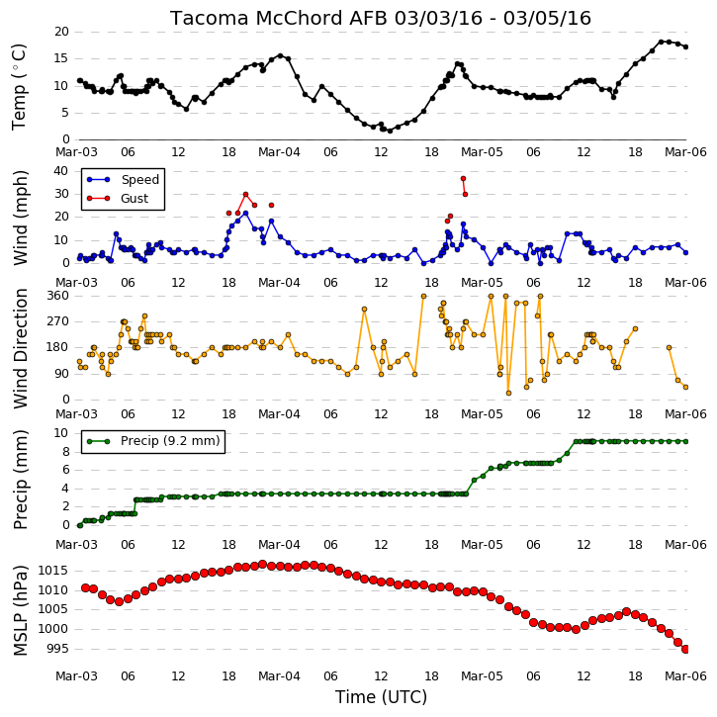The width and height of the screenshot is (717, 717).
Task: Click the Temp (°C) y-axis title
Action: coord(19,86)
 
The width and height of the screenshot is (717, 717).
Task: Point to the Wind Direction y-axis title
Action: coord(21,348)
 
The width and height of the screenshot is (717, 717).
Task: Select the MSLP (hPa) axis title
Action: coord(21,610)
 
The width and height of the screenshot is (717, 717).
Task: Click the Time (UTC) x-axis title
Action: coord(381,697)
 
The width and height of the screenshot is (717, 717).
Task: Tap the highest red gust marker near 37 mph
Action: coord(463,178)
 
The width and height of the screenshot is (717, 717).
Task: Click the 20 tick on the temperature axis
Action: coord(61,32)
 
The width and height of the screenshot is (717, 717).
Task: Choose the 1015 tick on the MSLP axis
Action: coord(52,571)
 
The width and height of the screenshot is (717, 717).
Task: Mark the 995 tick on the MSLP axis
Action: coord(56,649)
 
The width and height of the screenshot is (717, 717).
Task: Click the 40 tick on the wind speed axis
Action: coord(61,171)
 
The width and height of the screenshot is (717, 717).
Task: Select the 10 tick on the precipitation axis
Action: coord(61,432)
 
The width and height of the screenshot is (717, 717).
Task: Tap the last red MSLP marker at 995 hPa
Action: coord(685,649)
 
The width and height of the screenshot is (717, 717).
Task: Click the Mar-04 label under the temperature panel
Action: coord(279,152)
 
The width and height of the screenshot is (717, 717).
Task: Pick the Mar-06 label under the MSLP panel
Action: coord(685,675)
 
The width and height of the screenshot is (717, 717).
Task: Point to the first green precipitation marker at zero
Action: coord(80,525)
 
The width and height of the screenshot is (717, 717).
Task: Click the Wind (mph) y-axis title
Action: coord(21,218)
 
